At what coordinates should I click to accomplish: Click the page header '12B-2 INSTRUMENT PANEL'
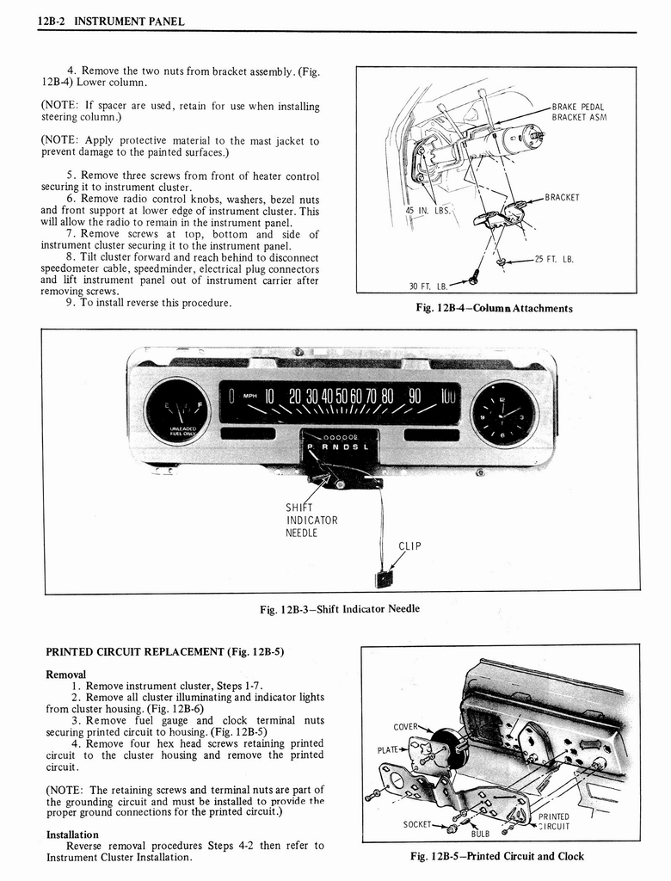[x=111, y=21]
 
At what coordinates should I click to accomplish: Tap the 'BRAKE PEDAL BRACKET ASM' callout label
[x=579, y=112]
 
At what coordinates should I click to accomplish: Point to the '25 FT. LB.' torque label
[x=554, y=259]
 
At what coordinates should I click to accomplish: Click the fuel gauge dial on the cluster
[x=176, y=411]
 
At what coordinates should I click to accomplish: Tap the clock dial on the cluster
[x=503, y=413]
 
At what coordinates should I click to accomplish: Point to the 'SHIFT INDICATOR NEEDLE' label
[x=311, y=520]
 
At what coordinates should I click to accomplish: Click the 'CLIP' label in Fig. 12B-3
[x=409, y=545]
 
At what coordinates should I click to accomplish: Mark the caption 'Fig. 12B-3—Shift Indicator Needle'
[x=340, y=609]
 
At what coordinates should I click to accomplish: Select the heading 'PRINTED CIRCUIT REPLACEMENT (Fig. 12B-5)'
[x=164, y=651]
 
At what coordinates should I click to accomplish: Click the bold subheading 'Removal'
[x=66, y=675]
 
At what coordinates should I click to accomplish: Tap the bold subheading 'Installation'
[x=72, y=835]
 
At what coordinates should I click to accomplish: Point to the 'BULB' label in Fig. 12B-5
[x=480, y=832]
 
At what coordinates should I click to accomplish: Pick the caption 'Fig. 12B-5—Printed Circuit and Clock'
[x=498, y=855]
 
